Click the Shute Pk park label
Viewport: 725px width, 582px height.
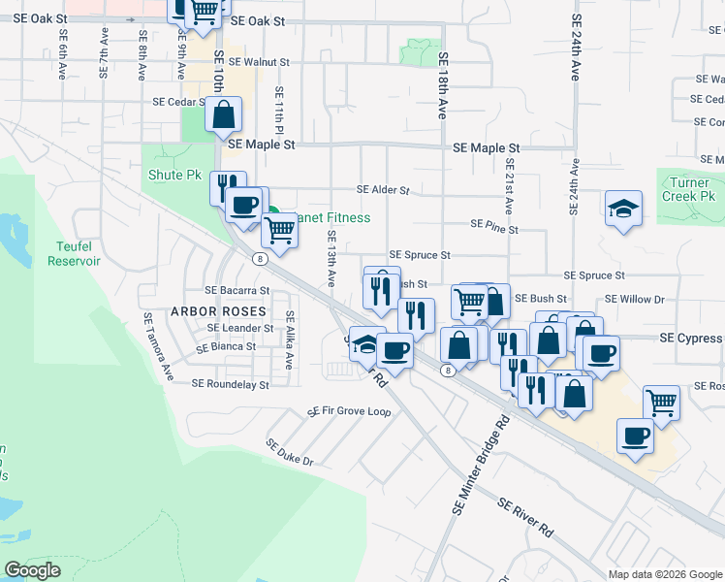pyautogui.click(x=174, y=176)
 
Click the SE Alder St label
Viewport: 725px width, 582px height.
pyautogui.click(x=383, y=190)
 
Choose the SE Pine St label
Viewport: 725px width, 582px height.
pyautogui.click(x=494, y=225)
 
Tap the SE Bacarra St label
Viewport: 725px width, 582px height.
pyautogui.click(x=236, y=289)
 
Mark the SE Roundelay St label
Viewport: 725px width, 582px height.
pyautogui.click(x=230, y=384)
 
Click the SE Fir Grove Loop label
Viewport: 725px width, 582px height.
pyautogui.click(x=349, y=411)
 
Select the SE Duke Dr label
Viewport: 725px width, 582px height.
pyautogui.click(x=291, y=451)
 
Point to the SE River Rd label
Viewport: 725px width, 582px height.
pyautogui.click(x=526, y=518)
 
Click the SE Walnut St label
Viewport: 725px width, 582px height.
pyautogui.click(x=246, y=61)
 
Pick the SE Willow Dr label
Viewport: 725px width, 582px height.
pyautogui.click(x=634, y=300)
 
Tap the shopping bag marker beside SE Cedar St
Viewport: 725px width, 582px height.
pyautogui.click(x=224, y=114)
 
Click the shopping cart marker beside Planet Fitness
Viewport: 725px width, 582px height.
pyautogui.click(x=279, y=231)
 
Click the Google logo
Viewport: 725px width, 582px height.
pyautogui.click(x=33, y=570)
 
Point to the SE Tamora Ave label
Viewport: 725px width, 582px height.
pyautogui.click(x=158, y=344)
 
